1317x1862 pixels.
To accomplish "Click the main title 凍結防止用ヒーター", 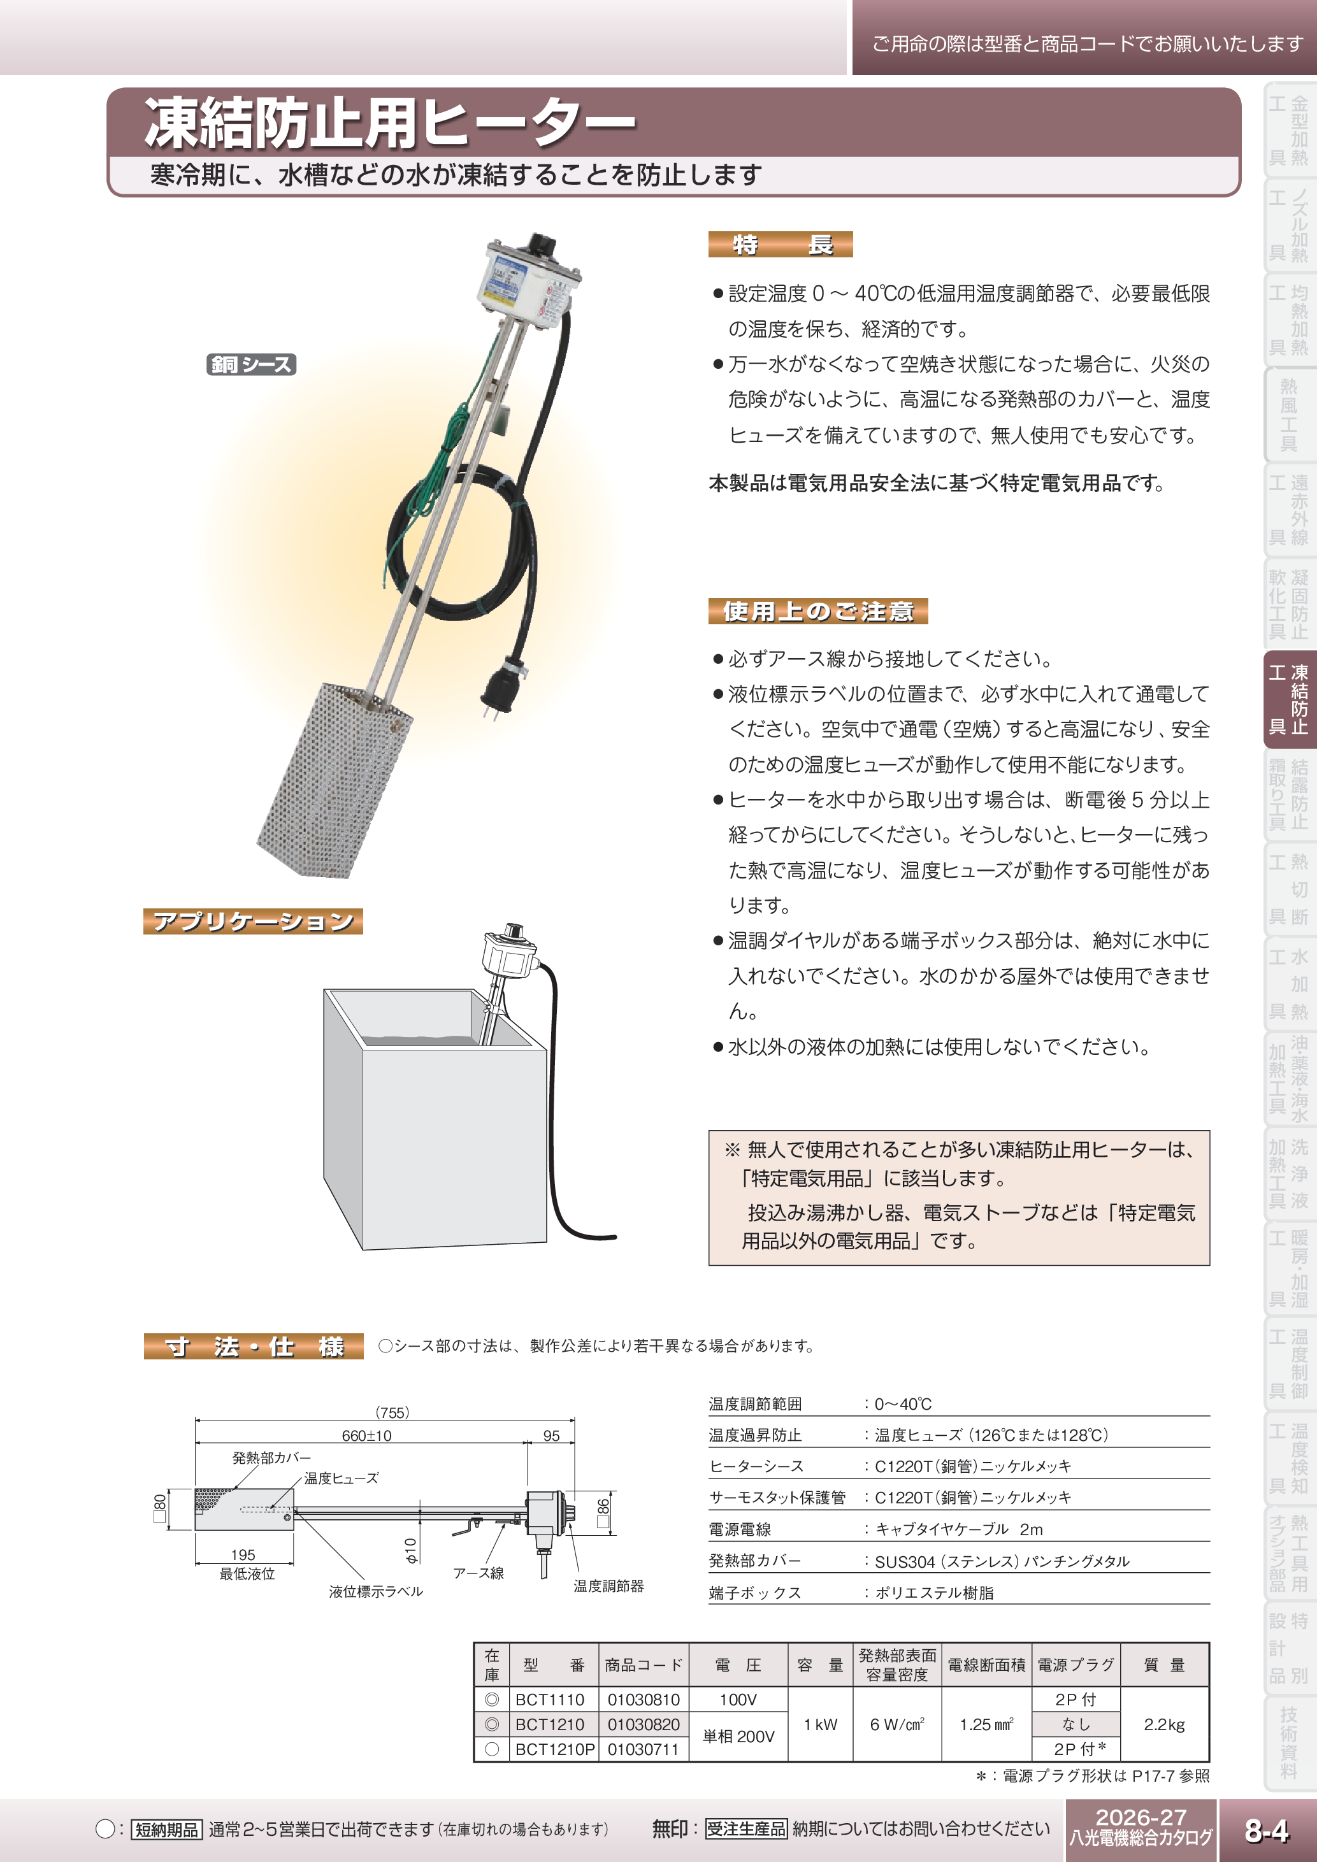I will (x=389, y=124).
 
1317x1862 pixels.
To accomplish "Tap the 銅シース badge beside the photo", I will (x=252, y=365).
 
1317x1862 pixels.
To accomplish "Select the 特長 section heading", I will (x=780, y=244).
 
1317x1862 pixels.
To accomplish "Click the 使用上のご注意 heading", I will (x=817, y=611).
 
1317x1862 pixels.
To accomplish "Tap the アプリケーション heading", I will (x=253, y=921).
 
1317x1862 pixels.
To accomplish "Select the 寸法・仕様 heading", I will (x=254, y=1346).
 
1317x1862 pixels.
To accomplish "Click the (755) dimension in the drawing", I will (x=392, y=1412).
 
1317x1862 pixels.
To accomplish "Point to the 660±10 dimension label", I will (x=366, y=1435).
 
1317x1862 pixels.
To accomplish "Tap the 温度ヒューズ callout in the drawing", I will (x=341, y=1478).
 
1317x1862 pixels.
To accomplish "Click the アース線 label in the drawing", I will (x=478, y=1573).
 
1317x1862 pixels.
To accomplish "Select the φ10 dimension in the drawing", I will (x=410, y=1550).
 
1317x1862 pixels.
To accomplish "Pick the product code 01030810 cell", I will (x=643, y=1699).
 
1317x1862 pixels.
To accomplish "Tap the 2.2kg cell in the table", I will (x=1163, y=1724).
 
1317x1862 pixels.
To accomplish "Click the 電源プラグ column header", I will (x=1076, y=1665).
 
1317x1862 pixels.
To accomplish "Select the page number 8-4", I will (x=1267, y=1830).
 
